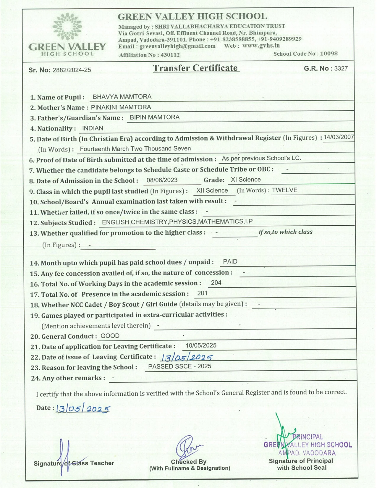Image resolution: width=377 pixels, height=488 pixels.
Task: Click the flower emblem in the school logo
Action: tap(67, 27)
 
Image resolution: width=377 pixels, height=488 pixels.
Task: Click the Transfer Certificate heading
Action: tap(195, 68)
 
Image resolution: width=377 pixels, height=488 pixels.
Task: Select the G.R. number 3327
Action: tap(341, 68)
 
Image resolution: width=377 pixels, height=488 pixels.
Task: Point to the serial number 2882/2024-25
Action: tap(72, 70)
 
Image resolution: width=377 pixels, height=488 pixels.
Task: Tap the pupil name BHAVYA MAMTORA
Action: tap(122, 97)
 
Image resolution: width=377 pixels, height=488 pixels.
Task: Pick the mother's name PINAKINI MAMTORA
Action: tap(121, 107)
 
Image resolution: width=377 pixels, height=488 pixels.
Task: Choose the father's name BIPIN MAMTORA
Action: tap(155, 117)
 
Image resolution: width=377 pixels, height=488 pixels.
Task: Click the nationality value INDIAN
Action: tap(93, 128)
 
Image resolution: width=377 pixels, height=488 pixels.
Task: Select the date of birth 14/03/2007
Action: tap(339, 137)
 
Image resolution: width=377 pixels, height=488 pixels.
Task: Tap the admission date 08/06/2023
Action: tap(162, 180)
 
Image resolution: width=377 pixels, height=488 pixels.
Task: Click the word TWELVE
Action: tap(284, 190)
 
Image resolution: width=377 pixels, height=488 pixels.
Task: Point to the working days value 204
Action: tap(216, 283)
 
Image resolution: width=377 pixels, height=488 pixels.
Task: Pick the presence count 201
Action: tap(202, 293)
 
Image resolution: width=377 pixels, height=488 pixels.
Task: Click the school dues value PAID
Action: tap(230, 261)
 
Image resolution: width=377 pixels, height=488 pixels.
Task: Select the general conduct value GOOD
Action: tap(110, 336)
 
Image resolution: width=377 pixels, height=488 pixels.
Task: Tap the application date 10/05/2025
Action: tap(201, 345)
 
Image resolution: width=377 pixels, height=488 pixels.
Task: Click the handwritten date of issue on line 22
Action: tap(187, 357)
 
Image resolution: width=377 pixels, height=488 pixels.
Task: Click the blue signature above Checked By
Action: tap(188, 447)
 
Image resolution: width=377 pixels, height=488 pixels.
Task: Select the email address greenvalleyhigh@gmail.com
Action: tap(177, 46)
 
